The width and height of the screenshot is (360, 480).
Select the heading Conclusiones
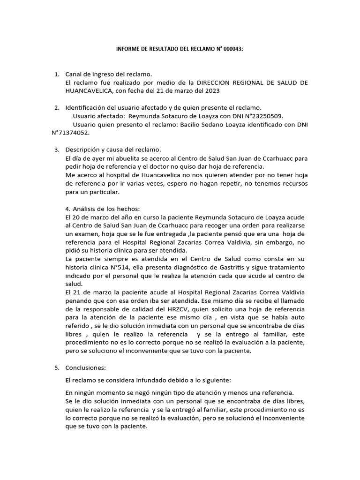[86, 368]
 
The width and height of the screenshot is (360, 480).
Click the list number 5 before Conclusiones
[56, 368]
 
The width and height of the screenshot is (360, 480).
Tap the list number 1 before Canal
[56, 74]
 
